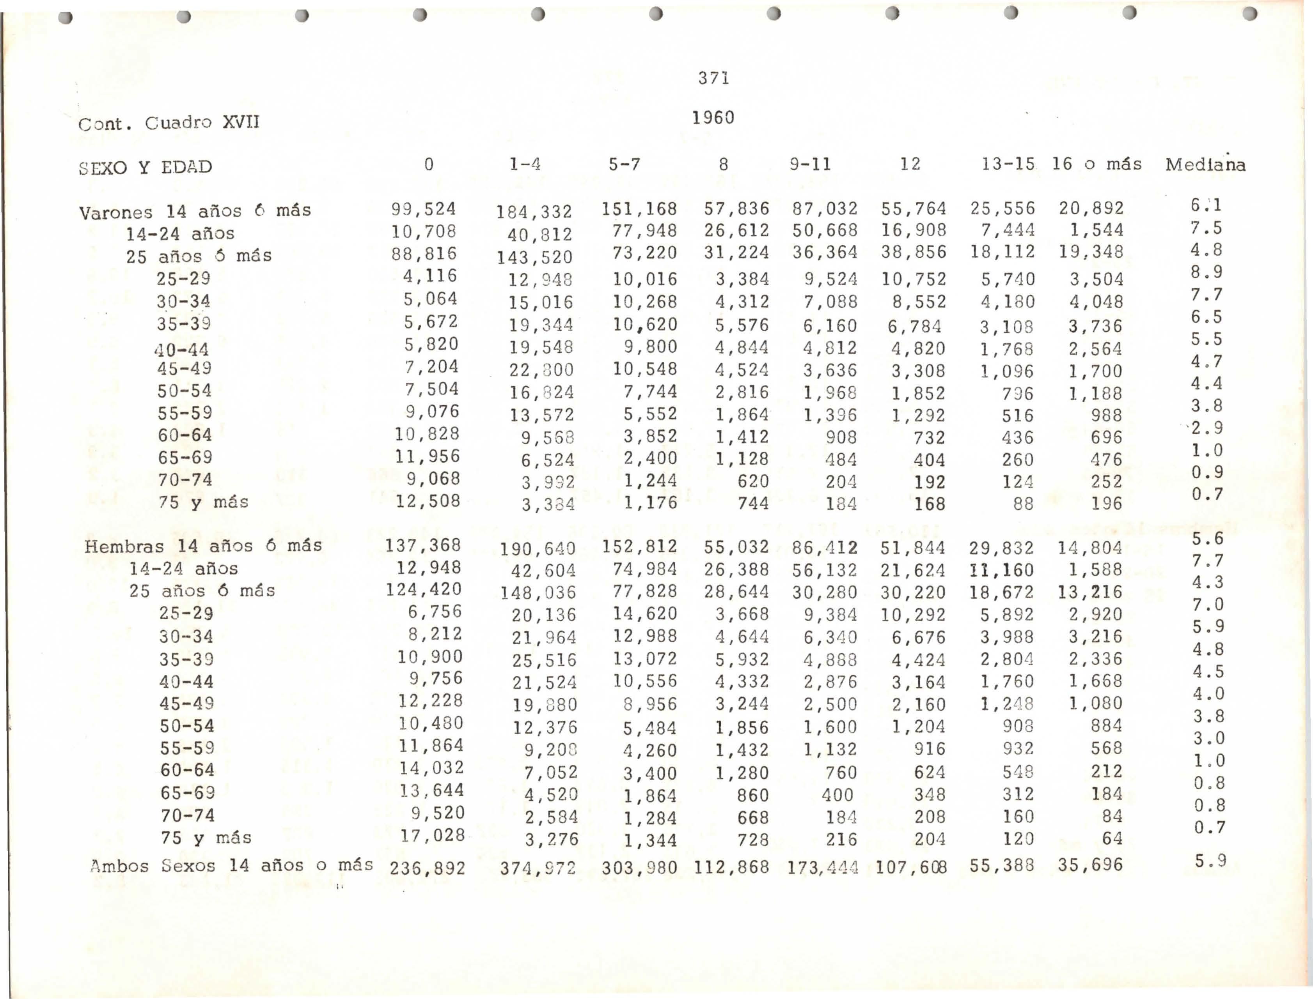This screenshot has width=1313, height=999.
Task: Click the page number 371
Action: pos(713,78)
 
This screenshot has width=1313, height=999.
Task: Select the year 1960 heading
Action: pos(713,118)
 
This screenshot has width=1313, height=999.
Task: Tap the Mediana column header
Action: pos(1205,165)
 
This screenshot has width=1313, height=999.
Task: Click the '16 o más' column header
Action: pos(1097,164)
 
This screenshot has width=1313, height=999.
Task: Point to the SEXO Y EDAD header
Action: pos(146,167)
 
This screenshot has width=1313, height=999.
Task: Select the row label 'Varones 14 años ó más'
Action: pos(195,211)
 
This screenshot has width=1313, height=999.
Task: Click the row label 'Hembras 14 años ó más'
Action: pos(203,546)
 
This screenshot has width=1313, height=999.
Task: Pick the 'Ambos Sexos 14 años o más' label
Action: pos(231,865)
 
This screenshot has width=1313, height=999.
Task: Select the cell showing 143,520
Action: pos(534,258)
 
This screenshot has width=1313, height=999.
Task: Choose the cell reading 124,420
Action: pos(424,589)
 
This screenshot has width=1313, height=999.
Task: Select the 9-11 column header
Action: pos(810,164)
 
